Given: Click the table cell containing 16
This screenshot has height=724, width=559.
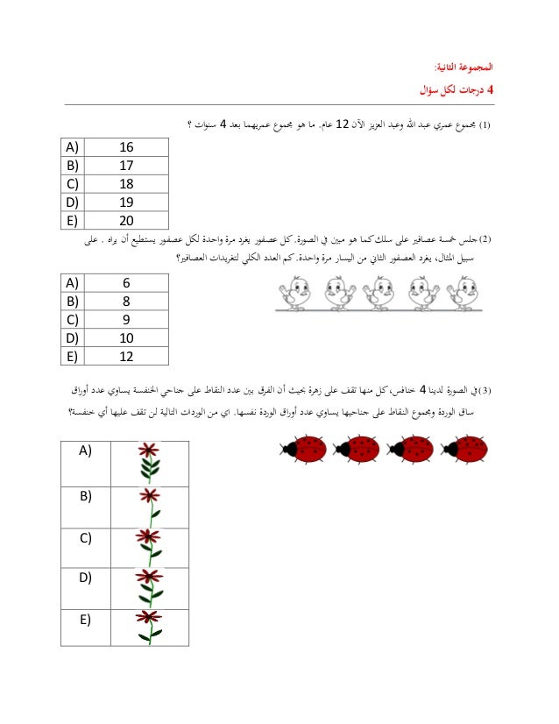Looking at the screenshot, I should tap(125, 147).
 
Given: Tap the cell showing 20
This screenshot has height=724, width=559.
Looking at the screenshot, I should tap(125, 220).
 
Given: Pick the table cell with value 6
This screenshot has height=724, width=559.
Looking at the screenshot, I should tap(125, 283).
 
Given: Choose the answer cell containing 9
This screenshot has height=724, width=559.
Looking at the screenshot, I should tap(125, 319).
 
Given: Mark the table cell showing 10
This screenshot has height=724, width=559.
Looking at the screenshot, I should tap(125, 337).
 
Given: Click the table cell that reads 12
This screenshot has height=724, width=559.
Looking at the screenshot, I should tap(125, 355).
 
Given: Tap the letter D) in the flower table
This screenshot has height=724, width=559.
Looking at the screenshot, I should tap(85, 578).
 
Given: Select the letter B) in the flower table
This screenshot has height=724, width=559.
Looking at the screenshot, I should tap(85, 495).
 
